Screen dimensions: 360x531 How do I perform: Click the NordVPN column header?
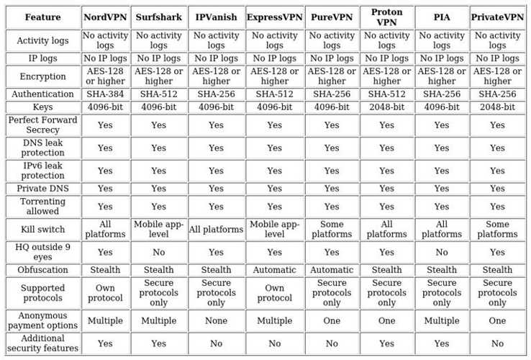[x=105, y=17]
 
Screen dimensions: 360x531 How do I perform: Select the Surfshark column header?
[x=158, y=17]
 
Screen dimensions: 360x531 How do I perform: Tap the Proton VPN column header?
[x=386, y=17]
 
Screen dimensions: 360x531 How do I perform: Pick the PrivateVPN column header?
[x=497, y=17]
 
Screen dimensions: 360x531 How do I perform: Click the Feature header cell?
[x=42, y=17]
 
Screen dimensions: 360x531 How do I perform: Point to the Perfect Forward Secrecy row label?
[x=42, y=125]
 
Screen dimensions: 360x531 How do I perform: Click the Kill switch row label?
[x=42, y=230]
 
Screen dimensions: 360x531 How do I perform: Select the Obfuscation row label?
[x=42, y=270]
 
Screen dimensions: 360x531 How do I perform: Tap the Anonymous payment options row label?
[x=42, y=320]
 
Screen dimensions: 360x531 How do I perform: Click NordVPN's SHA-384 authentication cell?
[x=105, y=94]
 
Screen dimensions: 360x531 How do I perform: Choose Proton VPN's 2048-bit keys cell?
[x=386, y=107]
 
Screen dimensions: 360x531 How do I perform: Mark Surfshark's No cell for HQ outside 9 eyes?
[x=158, y=253]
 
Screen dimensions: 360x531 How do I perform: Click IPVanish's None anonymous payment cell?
[x=216, y=320]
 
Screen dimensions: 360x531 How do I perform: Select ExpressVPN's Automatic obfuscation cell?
[x=274, y=270]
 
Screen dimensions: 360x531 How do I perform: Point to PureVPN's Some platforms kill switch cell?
[x=332, y=230]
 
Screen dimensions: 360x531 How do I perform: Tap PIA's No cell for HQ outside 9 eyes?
[x=442, y=253]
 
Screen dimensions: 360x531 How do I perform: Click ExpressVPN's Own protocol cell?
[x=274, y=293]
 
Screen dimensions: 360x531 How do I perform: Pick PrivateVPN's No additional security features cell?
[x=497, y=343]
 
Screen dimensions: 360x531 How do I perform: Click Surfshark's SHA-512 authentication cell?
[x=158, y=94]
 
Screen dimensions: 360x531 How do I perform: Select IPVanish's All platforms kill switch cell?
[x=216, y=230]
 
